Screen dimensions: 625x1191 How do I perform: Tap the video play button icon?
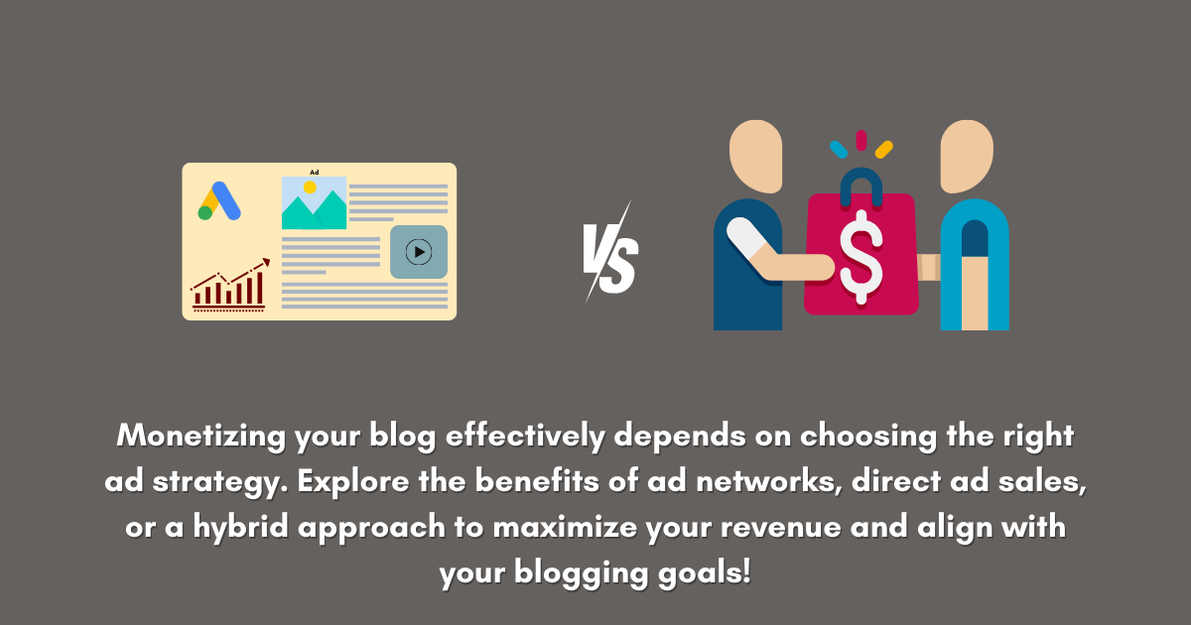(419, 252)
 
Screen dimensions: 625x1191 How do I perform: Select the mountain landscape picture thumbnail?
(314, 203)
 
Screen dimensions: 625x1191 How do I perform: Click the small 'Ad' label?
(314, 172)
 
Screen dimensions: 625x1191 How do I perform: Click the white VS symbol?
(608, 253)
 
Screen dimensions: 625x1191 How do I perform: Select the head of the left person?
(758, 156)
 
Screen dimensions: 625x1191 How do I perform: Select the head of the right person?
(966, 156)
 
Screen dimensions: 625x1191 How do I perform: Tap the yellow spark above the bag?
(883, 149)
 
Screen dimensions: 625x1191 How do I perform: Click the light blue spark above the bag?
(838, 149)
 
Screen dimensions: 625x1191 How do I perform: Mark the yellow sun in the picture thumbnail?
(310, 187)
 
